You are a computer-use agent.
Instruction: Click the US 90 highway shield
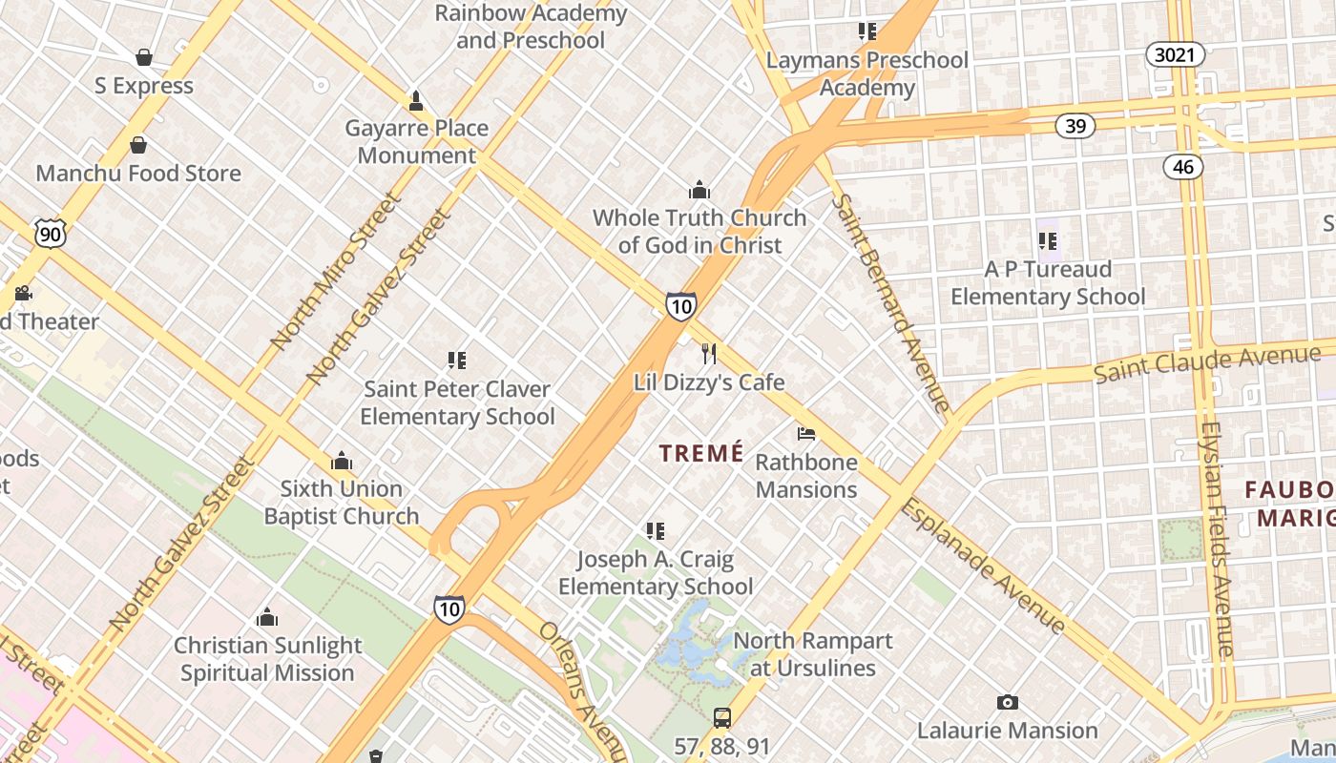pos(51,233)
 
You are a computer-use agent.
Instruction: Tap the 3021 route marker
pos(1174,54)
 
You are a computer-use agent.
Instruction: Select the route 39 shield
pos(1075,125)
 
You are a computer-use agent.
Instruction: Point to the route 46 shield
pos(1183,167)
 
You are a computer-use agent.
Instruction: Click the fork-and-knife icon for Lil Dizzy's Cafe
pos(708,354)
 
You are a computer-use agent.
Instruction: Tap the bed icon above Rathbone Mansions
pos(806,434)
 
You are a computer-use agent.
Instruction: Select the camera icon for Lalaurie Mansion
pos(1007,703)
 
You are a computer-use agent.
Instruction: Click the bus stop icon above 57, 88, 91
pos(722,717)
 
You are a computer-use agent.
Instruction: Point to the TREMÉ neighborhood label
pos(700,454)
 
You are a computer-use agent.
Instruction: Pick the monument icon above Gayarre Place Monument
pos(416,100)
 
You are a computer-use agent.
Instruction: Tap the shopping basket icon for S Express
pos(144,57)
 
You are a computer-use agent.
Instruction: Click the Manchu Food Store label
pos(138,174)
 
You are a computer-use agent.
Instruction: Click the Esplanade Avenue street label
pos(983,565)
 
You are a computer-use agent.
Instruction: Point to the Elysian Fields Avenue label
pos(1217,539)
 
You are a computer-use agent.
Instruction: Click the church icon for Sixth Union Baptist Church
pos(342,462)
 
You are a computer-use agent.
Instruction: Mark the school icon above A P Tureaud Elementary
pos(1048,241)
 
